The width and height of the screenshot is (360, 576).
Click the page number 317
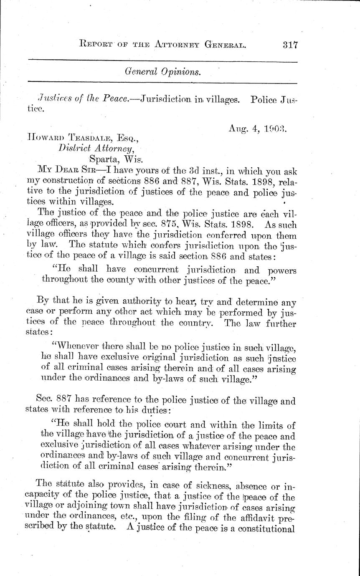[287, 44]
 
